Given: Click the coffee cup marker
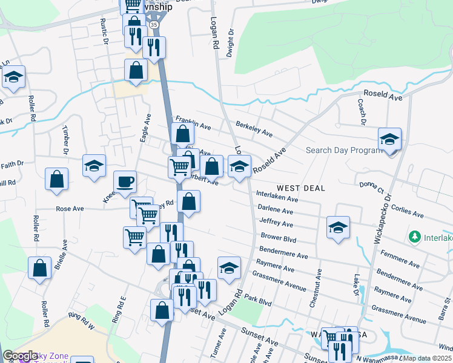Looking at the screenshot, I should point(125,181).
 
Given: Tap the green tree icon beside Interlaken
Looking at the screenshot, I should point(415,237).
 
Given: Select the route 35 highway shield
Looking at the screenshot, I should point(154,25).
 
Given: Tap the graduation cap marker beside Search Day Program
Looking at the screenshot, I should point(390,139).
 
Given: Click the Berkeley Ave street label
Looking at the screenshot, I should point(254,128).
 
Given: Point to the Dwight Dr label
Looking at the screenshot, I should point(230,44).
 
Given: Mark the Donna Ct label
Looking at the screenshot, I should point(371,187).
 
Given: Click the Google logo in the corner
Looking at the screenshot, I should point(21,356).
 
